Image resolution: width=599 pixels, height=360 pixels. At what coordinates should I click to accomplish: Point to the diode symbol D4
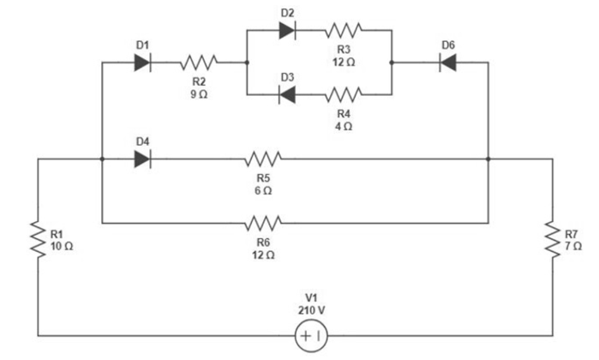[143, 159]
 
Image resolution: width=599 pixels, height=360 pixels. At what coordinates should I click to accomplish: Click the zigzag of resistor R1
[39, 239]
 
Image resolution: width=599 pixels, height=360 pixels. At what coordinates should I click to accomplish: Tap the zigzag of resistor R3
[344, 30]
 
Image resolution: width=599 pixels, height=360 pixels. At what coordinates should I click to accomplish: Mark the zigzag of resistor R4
[344, 93]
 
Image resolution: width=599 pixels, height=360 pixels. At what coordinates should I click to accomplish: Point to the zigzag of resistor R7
[553, 239]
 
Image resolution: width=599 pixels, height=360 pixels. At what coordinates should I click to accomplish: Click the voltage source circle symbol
[310, 337]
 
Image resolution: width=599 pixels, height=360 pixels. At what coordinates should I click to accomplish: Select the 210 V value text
[310, 309]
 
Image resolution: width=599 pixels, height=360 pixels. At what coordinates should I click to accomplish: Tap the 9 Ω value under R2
[198, 93]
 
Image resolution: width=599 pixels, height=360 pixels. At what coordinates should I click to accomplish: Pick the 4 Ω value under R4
[344, 126]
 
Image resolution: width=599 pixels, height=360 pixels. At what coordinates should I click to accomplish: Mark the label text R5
[263, 177]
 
